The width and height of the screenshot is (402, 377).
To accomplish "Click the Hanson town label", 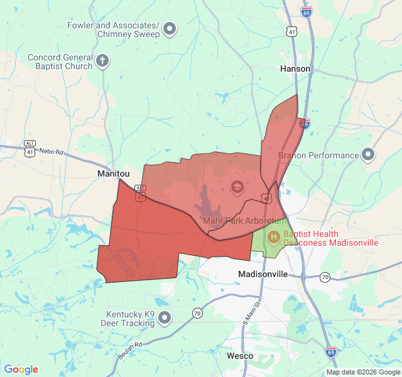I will [295, 68].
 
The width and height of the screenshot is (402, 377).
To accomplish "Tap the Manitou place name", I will [113, 173].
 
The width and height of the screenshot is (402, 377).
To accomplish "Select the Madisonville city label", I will [263, 274].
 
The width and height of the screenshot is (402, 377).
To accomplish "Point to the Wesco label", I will [239, 356].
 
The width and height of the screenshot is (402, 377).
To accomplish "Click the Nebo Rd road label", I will [51, 152].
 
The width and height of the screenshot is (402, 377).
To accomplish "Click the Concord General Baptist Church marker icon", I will [103, 62].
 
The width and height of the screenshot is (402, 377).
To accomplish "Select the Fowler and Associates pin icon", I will [170, 28].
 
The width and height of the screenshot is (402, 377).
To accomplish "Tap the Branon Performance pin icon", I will [368, 155].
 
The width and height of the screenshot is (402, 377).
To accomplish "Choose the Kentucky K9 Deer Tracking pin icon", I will [165, 318].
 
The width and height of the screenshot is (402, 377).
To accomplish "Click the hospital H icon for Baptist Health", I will [273, 237].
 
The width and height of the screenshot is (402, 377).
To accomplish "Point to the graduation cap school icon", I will [237, 187].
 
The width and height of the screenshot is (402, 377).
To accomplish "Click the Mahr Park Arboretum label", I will [244, 221].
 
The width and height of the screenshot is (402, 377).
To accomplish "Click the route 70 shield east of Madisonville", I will [325, 276].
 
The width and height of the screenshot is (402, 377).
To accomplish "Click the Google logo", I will [21, 369].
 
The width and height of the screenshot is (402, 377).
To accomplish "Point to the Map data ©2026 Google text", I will [362, 372].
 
